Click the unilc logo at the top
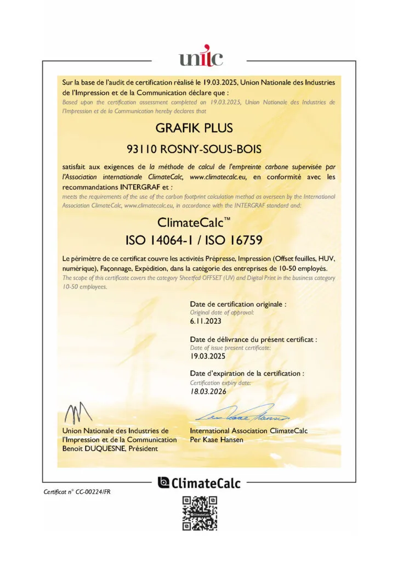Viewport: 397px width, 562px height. (x=198, y=57)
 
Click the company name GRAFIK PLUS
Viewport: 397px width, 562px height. (x=195, y=128)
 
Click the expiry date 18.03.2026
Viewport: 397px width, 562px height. (x=208, y=391)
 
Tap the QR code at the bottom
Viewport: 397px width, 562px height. (x=199, y=513)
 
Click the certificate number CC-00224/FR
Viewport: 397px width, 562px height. (x=99, y=492)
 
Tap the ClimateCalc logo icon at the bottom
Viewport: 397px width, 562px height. (x=163, y=482)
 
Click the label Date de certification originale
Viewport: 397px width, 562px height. (x=237, y=304)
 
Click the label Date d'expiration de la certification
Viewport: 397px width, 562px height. (x=246, y=373)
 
